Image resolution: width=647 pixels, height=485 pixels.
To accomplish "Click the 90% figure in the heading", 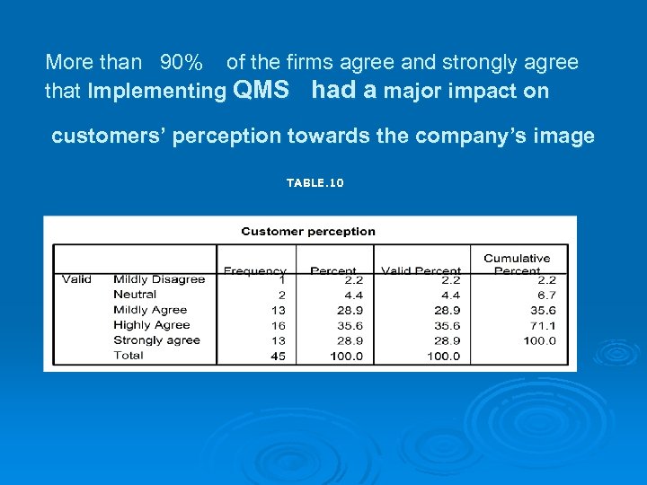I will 181,63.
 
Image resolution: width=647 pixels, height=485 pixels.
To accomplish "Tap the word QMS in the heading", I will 261,90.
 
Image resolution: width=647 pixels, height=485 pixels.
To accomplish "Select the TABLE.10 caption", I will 315,183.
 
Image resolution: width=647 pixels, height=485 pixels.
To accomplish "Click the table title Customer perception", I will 308,232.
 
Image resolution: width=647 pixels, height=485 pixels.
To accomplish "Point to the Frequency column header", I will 254,270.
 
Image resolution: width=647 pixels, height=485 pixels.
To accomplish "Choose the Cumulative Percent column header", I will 517,264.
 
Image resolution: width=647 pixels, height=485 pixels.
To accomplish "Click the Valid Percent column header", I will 421,270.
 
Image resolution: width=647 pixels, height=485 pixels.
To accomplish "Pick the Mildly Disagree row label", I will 159,279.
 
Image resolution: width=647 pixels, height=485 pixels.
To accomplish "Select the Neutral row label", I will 135,295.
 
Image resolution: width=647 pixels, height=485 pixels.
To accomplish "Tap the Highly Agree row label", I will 151,325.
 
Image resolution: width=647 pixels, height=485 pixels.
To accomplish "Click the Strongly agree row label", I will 156,340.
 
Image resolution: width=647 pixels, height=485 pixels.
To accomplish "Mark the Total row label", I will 129,356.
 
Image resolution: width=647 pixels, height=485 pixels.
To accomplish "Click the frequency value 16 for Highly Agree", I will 279,325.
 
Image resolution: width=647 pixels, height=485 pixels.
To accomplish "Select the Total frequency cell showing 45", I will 279,356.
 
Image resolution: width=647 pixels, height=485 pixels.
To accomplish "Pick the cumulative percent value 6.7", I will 545,295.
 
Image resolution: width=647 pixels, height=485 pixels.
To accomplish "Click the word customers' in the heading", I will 109,137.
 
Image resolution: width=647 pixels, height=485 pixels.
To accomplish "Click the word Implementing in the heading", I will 156,92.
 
